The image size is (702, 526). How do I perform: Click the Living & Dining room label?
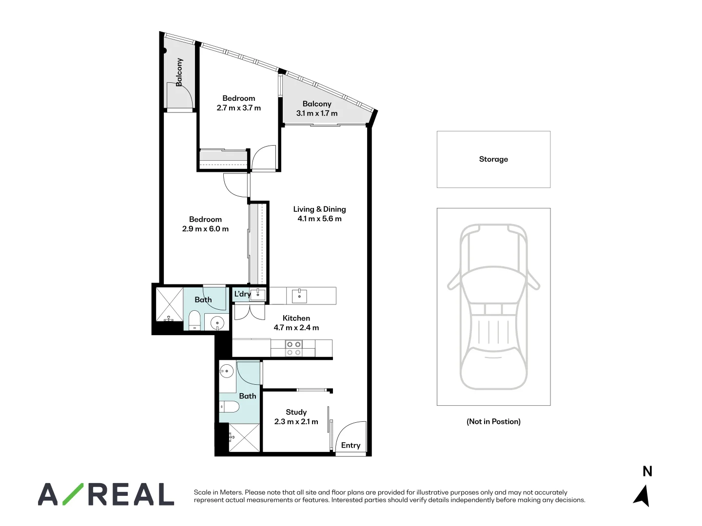click(319, 209)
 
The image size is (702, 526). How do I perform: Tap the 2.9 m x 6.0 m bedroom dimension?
click(205, 229)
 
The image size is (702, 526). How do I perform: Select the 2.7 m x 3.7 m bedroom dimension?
click(239, 108)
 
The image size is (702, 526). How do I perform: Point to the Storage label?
click(493, 159)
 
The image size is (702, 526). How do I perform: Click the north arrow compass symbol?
click(642, 496)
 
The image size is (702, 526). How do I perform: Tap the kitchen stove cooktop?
click(293, 348)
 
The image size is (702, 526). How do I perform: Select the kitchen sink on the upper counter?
click(299, 296)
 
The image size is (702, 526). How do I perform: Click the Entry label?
click(351, 445)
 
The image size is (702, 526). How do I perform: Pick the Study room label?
click(296, 412)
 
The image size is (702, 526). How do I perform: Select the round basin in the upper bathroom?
click(216, 322)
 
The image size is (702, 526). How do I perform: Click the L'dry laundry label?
click(242, 294)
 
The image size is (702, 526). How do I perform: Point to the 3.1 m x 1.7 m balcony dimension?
click(317, 113)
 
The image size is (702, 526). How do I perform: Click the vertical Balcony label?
click(179, 72)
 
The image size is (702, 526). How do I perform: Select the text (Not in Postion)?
click(493, 421)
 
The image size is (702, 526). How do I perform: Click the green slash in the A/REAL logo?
click(73, 494)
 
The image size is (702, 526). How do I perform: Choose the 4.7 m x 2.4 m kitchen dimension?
click(296, 328)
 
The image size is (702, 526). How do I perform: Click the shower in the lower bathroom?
click(244, 438)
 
